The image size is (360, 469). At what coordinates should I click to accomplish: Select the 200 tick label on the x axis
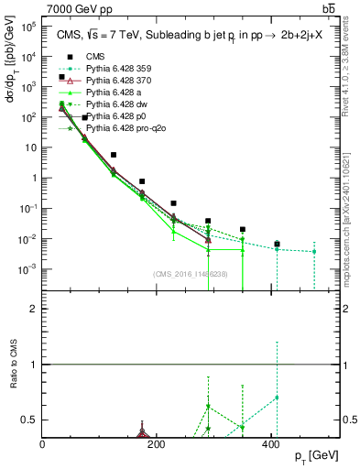coord(157,444)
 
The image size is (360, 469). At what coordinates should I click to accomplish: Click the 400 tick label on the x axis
coord(270,444)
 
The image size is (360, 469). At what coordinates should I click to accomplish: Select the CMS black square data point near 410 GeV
coord(277,245)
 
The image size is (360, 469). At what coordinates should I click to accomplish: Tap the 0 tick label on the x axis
coord(43,444)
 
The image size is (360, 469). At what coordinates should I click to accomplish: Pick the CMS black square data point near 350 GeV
coord(243,230)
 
